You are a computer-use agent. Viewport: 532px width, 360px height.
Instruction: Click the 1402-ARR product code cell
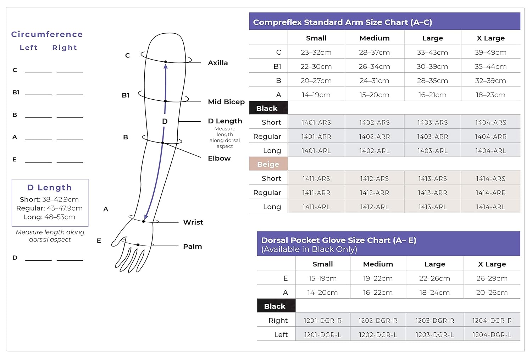click(x=374, y=137)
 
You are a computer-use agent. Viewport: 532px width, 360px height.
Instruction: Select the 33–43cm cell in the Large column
click(x=432, y=52)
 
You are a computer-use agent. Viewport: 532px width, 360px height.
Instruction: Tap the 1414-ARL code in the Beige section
click(x=491, y=207)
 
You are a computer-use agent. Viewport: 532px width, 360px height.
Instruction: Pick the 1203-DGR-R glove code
click(x=434, y=321)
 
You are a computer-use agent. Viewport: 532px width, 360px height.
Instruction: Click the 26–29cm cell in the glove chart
click(x=492, y=278)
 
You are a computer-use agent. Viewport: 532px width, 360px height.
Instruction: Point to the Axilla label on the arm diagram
click(x=218, y=63)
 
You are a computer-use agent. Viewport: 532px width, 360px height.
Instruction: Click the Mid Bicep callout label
click(x=226, y=102)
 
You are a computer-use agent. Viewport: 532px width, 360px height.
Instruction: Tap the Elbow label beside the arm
click(x=219, y=158)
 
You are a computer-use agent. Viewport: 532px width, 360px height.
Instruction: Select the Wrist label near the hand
click(x=193, y=222)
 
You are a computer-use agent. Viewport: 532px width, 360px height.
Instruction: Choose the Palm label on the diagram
click(x=192, y=247)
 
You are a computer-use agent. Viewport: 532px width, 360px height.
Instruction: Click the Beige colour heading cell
click(x=268, y=164)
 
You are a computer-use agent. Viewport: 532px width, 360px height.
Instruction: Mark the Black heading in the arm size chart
click(x=267, y=109)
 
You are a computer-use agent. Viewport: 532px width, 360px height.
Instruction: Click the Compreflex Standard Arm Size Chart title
click(x=342, y=22)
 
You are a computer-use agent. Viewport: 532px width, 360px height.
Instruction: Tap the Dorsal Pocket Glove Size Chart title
click(x=338, y=240)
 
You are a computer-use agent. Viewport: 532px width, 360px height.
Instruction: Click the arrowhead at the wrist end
click(x=146, y=217)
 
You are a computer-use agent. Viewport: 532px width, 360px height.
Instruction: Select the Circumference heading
click(x=47, y=34)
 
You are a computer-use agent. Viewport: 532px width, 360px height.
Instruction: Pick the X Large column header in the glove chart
click(x=492, y=264)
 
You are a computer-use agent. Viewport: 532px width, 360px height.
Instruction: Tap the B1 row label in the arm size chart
click(x=277, y=67)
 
